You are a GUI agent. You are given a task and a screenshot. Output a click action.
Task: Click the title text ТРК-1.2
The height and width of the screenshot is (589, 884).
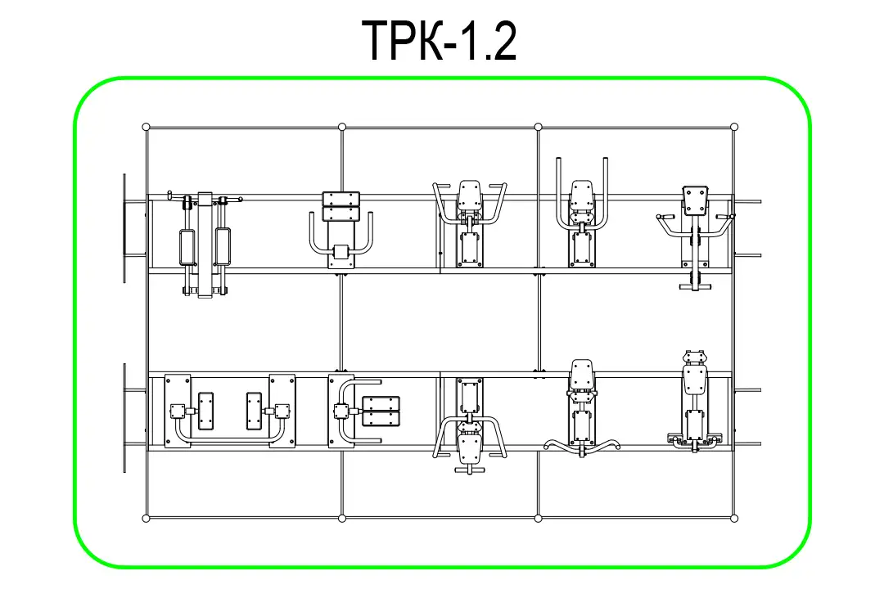(x=439, y=40)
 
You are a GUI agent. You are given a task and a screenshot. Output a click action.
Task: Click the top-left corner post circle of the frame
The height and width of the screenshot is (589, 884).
(x=146, y=127)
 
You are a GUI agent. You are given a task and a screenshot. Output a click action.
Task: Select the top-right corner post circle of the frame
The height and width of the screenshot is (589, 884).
(x=734, y=127)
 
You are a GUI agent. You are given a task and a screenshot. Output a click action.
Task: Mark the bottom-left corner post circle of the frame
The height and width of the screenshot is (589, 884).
(x=146, y=518)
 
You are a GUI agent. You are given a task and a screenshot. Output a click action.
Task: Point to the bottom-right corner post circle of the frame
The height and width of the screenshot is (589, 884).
(x=734, y=518)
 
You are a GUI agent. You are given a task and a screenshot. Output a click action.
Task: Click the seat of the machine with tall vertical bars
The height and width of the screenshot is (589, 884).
(x=581, y=195)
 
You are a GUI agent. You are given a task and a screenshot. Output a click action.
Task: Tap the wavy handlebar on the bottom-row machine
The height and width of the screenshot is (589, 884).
(x=582, y=446)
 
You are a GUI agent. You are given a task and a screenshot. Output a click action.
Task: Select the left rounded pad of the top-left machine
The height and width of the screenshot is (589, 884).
(x=187, y=247)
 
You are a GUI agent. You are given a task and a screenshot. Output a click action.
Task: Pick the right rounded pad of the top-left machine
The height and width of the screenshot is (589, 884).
(x=223, y=247)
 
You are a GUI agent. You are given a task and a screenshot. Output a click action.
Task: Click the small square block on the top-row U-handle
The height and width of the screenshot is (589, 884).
(x=341, y=251)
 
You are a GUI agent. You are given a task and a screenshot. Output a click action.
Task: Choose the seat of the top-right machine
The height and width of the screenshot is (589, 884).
(x=695, y=200)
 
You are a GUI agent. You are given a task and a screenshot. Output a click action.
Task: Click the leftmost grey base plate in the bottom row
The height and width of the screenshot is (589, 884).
(x=178, y=411)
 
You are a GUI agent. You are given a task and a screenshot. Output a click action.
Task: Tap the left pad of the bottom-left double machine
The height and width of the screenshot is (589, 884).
(x=206, y=411)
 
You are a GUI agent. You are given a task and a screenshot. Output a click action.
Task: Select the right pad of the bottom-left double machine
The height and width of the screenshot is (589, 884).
(x=255, y=411)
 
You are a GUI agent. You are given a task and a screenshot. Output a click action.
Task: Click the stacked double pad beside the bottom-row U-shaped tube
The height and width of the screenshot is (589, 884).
(x=381, y=411)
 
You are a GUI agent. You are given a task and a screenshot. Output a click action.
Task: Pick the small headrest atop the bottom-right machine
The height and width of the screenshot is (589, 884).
(x=695, y=357)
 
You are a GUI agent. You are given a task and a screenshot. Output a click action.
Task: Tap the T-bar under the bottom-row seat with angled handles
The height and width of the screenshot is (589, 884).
(x=470, y=468)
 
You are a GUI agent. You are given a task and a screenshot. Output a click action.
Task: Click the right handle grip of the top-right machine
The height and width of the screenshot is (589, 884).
(x=725, y=217)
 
